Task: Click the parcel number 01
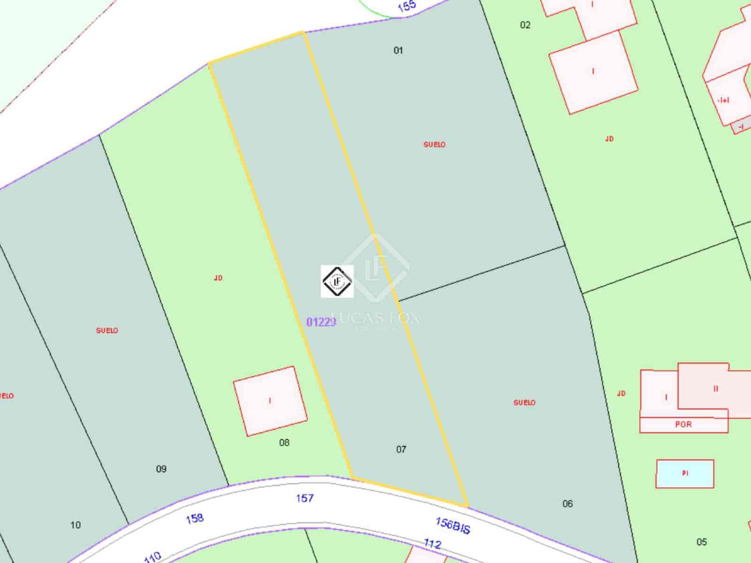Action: coord(398,50)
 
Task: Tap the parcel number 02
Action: coord(525,25)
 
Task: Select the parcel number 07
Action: coord(401,449)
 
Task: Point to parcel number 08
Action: coord(284,442)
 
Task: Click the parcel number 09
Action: coord(161,469)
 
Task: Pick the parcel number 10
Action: coord(76,525)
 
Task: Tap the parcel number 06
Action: coord(567,504)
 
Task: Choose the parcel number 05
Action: coord(701,542)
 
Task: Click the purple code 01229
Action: coord(321,322)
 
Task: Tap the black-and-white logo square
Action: coord(337,281)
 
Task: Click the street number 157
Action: coord(305,498)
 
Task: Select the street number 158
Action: coord(194,518)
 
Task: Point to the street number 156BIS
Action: coord(452,525)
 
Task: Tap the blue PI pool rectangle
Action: coord(685,474)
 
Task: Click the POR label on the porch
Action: coord(683,424)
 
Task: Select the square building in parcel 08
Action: coord(270,401)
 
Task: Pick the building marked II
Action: coord(715,389)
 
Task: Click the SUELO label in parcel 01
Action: coord(434,145)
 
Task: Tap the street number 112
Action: coord(432,544)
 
